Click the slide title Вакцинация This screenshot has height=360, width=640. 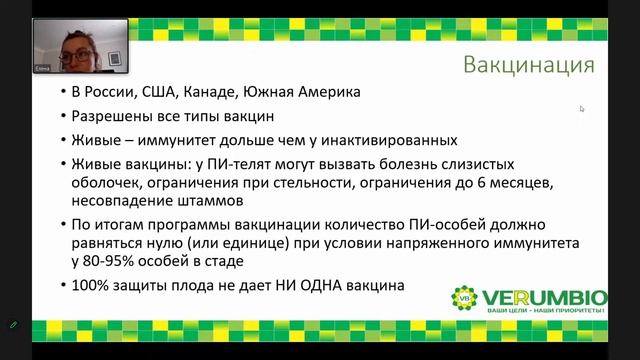click(x=529, y=66)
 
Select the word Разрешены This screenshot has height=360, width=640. click(x=109, y=117)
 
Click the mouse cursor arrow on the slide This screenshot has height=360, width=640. click(x=582, y=108)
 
